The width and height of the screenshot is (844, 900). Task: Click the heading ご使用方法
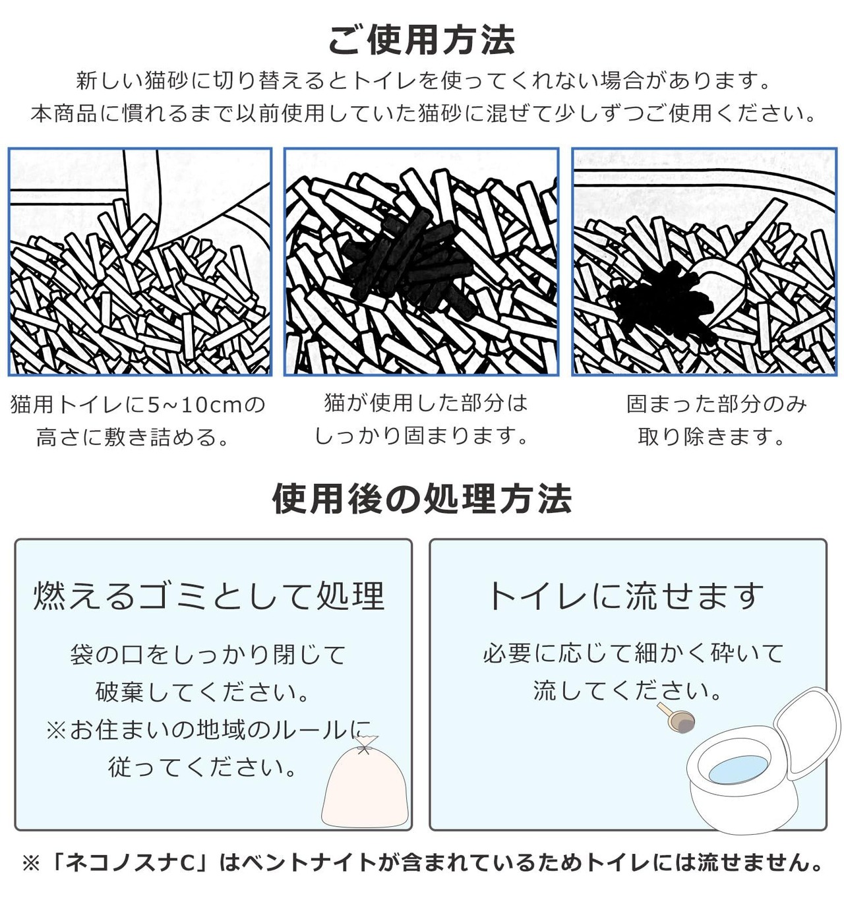(x=421, y=40)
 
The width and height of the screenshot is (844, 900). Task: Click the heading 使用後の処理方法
(x=421, y=498)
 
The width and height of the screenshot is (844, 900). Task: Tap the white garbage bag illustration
(x=365, y=788)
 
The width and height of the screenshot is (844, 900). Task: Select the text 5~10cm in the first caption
(x=195, y=404)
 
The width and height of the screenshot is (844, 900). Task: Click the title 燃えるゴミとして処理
(x=210, y=595)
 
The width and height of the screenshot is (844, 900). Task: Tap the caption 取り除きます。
(x=711, y=437)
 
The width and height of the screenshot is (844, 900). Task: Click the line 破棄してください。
(x=203, y=692)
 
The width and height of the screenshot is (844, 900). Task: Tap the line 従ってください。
(x=202, y=767)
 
